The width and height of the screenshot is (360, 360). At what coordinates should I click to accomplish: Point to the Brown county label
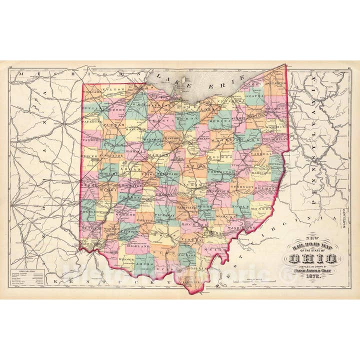pos(125,260)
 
